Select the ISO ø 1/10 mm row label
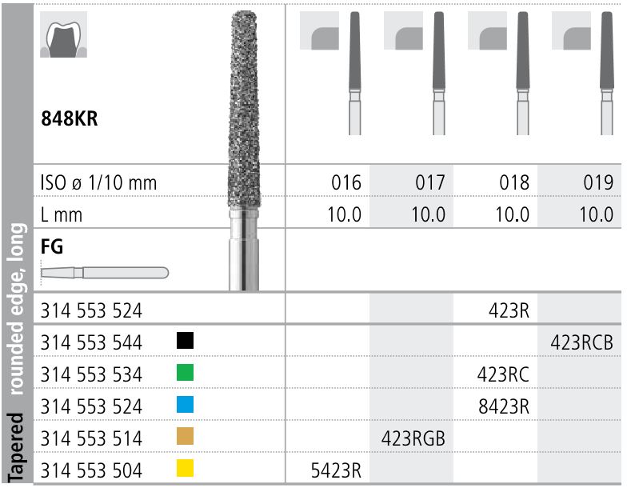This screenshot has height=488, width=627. coord(98,183)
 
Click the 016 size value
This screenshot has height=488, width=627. coord(345,183)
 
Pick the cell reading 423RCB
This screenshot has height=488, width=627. coord(581,342)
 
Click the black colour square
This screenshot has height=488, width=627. coord(185,342)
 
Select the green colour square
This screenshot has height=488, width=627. coord(185,374)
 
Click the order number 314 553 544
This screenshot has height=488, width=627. coord(91,342)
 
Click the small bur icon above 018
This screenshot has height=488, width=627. coord(522,72)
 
